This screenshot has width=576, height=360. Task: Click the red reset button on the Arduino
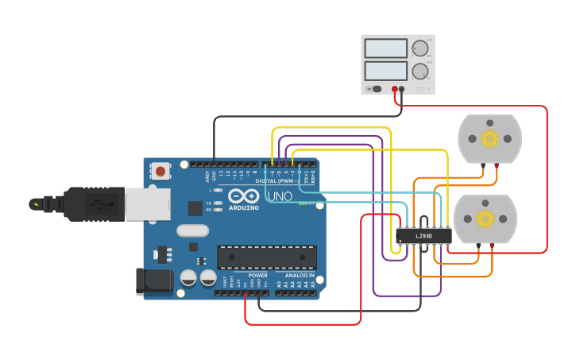pyautogui.click(x=161, y=171)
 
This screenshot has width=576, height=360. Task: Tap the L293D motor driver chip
pyautogui.click(x=423, y=235)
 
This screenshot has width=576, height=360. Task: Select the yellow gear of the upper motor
pyautogui.click(x=489, y=139)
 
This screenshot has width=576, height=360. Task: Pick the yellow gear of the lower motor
pyautogui.click(x=485, y=219)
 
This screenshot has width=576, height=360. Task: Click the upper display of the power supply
pyautogui.click(x=386, y=48)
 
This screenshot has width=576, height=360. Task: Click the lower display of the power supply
pyautogui.click(x=386, y=71)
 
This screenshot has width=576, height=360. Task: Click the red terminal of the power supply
pyautogui.click(x=395, y=89)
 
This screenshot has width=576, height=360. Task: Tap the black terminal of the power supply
pyautogui.click(x=402, y=89)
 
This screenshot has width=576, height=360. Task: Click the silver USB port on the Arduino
pyautogui.click(x=147, y=204)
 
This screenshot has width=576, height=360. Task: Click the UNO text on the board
pyautogui.click(x=279, y=196)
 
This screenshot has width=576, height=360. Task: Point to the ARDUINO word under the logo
pyautogui.click(x=243, y=207)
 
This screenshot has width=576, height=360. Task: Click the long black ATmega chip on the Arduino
pyautogui.click(x=267, y=257)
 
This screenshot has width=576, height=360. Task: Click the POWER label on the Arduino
pyautogui.click(x=257, y=275)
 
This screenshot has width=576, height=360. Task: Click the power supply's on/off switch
pyautogui.click(x=376, y=89)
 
